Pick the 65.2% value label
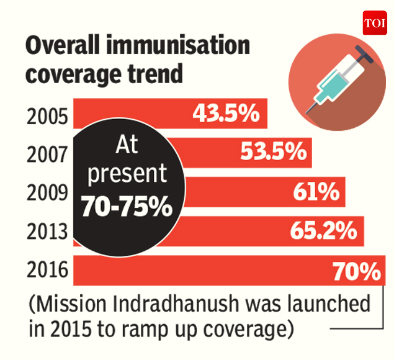323,231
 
